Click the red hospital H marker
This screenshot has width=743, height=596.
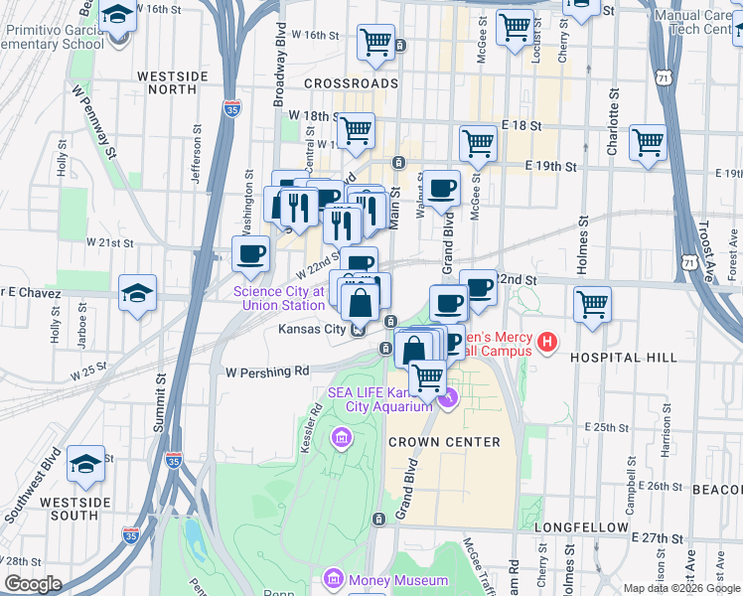tap(545, 345)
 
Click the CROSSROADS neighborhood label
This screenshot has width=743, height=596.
tap(351, 83)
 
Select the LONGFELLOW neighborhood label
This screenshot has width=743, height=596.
tap(581, 526)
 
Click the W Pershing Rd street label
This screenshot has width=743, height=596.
tap(267, 372)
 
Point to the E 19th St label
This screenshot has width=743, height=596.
tap(551, 166)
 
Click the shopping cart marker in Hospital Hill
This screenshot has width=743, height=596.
tap(593, 303)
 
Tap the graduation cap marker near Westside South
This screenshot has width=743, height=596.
tap(86, 464)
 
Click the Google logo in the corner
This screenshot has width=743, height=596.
tap(33, 584)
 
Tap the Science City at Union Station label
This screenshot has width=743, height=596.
tap(279, 298)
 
